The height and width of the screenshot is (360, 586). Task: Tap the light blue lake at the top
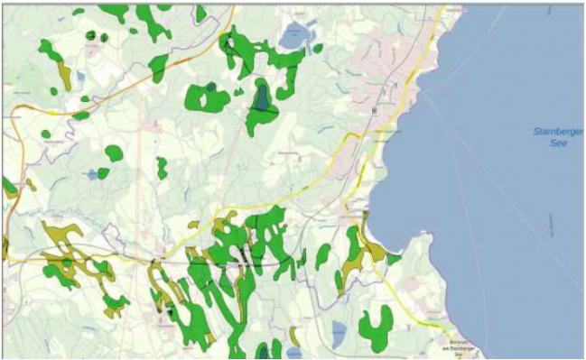tap(294, 36)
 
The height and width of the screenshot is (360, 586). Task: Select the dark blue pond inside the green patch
tap(262, 97)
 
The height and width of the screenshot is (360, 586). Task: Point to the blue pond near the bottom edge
tap(338, 332)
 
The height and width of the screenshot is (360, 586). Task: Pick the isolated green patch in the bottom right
tap(375, 328)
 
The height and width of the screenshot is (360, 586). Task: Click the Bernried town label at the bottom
tap(462, 348)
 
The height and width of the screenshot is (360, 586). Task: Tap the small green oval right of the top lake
tap(317, 47)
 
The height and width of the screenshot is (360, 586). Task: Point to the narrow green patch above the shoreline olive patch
tap(353, 237)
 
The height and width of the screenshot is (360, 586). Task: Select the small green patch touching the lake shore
tap(394, 259)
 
